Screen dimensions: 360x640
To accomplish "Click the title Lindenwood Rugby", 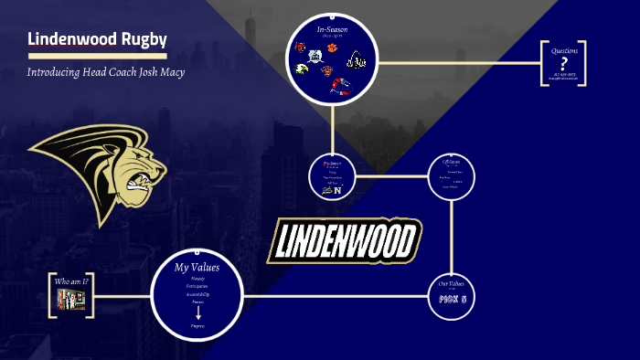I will pos(97,39).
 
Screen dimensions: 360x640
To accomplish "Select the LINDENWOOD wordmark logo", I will pos(345,239).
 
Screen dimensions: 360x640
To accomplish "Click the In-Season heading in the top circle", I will pos(334,30).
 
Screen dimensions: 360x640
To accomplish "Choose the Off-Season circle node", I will pos(452,176).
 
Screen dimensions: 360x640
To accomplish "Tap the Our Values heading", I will pos(452,284).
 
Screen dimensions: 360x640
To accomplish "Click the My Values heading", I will pos(197,268).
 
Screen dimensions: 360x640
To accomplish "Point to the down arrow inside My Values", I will pos(197,312).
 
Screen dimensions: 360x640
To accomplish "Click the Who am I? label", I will pos(72,281).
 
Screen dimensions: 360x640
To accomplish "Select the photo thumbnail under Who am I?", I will pos(71,299).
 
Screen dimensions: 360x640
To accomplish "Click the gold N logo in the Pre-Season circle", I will pos(338,190).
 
